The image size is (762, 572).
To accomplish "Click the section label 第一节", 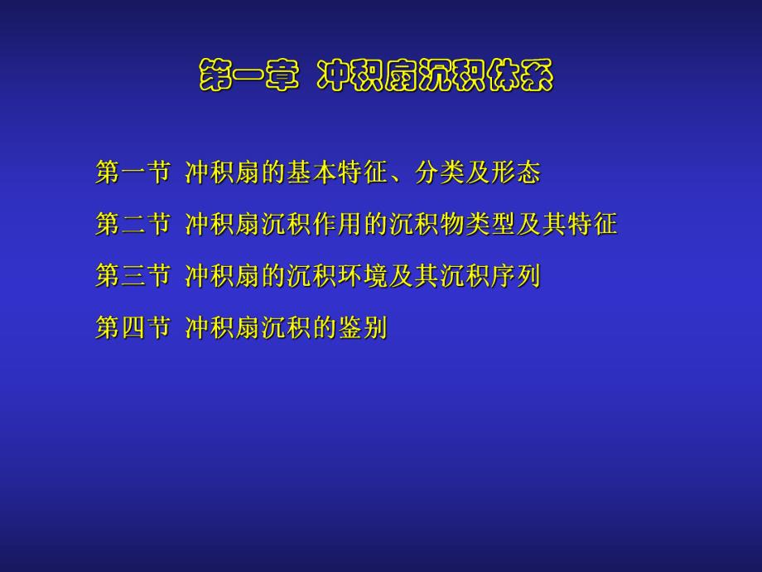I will click(133, 172).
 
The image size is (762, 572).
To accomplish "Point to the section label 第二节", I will click(133, 224).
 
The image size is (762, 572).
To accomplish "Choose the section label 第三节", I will click(133, 276).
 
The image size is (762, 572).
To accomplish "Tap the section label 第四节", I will click(133, 328).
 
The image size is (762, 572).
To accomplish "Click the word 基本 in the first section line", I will click(312, 172).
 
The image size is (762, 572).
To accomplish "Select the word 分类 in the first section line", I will click(439, 172).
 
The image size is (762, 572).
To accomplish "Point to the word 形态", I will click(515, 172).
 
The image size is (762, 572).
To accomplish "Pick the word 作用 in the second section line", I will click(337, 224).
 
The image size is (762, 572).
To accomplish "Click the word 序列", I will click(515, 276).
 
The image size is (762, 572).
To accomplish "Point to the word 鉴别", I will click(363, 328).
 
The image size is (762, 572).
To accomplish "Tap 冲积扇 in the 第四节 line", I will click(223, 328).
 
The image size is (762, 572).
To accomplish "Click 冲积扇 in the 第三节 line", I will click(223, 276).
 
